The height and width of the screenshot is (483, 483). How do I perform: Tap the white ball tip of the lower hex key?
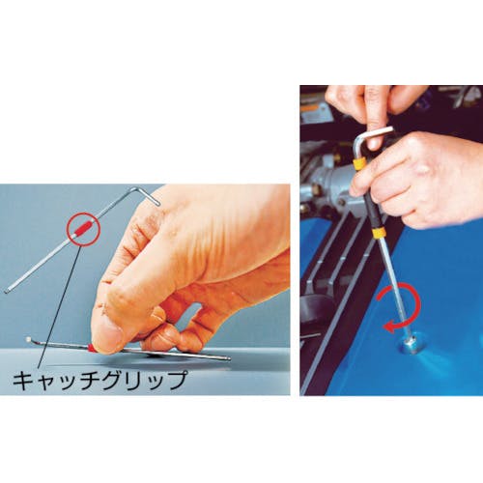[28, 339]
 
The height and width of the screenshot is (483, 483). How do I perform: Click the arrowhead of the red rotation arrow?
[389, 327]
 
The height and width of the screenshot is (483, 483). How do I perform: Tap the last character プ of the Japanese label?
[176, 381]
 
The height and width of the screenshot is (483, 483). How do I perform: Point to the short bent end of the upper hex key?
[147, 195]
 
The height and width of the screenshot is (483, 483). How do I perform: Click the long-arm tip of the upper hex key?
[6, 292]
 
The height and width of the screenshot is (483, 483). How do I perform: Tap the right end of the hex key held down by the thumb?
[228, 358]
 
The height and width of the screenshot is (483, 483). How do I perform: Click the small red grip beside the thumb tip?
[90, 347]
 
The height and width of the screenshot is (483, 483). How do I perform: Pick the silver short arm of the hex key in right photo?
[374, 133]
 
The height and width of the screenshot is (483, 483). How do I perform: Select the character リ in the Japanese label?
[132, 381]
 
